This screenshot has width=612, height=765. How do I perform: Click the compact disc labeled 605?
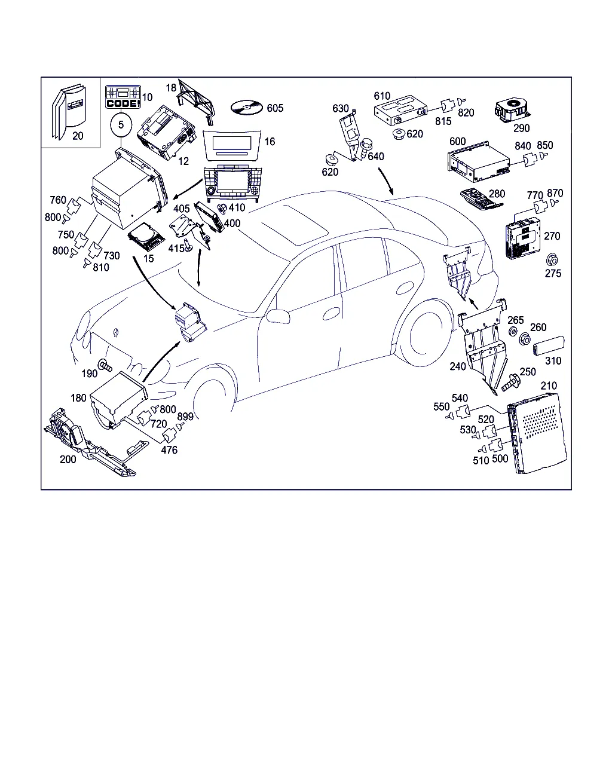tap(246, 108)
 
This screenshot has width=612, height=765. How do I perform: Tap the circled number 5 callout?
tap(121, 125)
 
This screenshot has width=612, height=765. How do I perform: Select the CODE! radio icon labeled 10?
tap(123, 97)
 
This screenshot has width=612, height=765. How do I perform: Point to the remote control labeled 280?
tap(481, 200)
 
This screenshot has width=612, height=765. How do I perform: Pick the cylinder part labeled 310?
tap(549, 345)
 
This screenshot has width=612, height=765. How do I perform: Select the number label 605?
tap(275, 108)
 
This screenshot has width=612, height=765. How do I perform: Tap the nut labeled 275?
tap(552, 260)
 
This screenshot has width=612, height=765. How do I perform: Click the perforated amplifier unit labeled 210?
tap(537, 433)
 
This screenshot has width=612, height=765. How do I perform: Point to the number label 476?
tap(169, 450)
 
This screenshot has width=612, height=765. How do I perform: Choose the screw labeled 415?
tap(188, 245)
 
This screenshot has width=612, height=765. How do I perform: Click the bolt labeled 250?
tap(512, 382)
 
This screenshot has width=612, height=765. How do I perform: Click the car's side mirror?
tap(278, 316)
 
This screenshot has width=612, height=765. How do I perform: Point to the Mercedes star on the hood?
tap(116, 332)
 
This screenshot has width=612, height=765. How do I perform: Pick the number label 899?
tap(185, 417)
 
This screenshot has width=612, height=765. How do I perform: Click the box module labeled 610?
tap(400, 110)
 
